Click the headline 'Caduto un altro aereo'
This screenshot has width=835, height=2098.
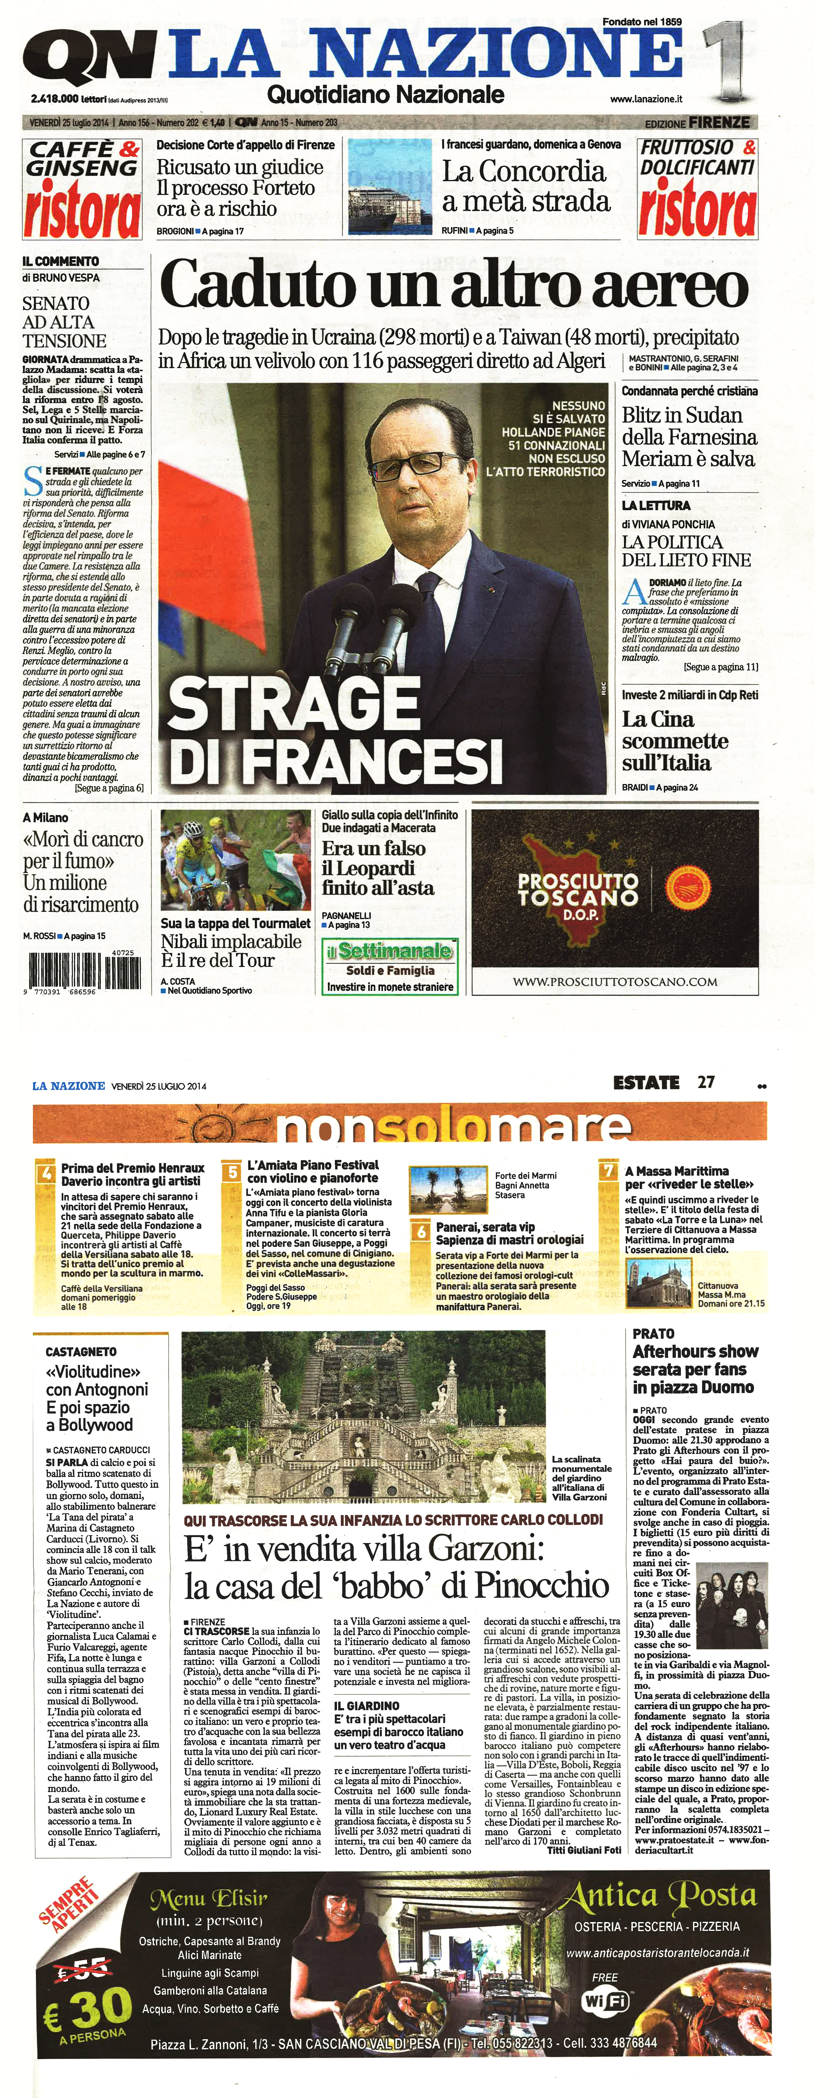point(454,284)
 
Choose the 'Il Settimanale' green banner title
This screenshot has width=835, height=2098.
point(389,950)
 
